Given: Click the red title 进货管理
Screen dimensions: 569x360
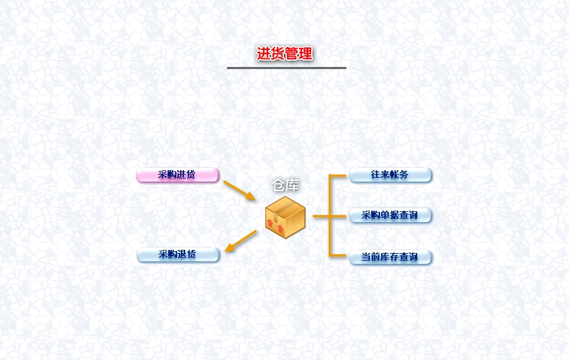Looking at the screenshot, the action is [284, 54].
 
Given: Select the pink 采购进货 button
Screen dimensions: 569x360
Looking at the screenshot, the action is [178, 175].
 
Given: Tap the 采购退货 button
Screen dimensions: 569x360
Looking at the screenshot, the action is [178, 254].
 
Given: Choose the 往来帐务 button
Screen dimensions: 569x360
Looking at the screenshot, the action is [391, 175].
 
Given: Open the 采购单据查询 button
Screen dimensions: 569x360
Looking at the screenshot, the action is [391, 215].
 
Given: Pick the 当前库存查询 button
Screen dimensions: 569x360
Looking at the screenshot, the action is [391, 258].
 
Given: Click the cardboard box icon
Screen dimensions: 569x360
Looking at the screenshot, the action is [285, 217].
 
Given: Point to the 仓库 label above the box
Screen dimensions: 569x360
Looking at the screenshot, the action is [286, 185].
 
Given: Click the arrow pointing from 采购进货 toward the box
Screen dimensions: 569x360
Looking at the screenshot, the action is [240, 190].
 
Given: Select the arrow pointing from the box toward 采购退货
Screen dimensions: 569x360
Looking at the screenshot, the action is [241, 241].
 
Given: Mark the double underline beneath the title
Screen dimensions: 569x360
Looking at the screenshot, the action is [286, 68].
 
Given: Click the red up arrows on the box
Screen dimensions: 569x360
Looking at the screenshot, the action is [275, 226].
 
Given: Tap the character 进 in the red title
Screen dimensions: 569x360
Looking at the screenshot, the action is [263, 54].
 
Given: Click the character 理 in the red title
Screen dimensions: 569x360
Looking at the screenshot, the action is [305, 54].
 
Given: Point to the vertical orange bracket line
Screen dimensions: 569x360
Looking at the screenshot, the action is [330, 216].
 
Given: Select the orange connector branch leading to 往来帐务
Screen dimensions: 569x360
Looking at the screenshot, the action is [338, 176].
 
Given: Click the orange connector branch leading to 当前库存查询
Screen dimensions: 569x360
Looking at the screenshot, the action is [338, 256].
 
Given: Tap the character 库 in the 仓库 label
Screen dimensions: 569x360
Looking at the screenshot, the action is [293, 185].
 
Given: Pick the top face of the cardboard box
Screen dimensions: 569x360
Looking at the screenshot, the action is [286, 206].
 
